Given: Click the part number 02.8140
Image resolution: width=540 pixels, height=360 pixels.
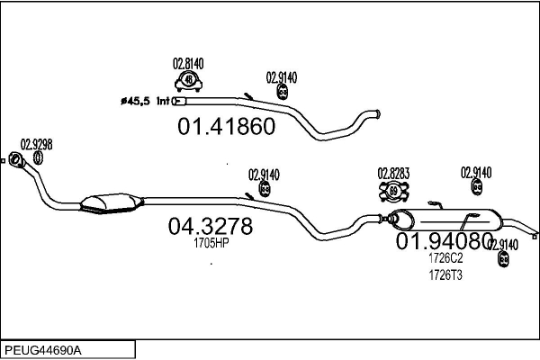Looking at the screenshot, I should tap(188, 63).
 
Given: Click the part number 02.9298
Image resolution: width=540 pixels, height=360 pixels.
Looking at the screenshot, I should tap(36, 144).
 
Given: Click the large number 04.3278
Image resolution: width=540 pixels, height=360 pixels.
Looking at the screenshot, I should tap(210, 226).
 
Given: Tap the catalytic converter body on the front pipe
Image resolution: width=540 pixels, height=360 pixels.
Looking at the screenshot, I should tap(110, 204).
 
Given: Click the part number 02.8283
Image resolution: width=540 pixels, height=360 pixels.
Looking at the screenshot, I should tap(394, 172).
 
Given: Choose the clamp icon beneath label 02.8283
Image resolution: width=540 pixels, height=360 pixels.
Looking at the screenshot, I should tap(394, 190).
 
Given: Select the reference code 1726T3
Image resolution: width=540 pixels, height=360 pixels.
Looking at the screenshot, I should tap(445, 274).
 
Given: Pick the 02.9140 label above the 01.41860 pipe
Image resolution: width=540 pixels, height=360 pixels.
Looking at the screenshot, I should tap(283, 76).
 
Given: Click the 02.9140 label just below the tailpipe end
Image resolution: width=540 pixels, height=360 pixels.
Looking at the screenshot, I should tap(502, 245).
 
